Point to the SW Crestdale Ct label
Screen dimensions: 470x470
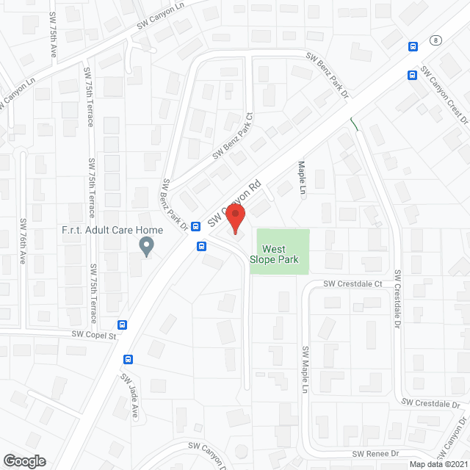354,283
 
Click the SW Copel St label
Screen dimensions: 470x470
94,335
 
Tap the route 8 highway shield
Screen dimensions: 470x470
436,40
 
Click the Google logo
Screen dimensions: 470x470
24,460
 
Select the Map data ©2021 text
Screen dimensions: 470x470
438,464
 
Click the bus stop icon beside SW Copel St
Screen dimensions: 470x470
123,325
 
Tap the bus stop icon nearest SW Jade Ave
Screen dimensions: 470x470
129,359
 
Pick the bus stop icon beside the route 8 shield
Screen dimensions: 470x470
413,46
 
